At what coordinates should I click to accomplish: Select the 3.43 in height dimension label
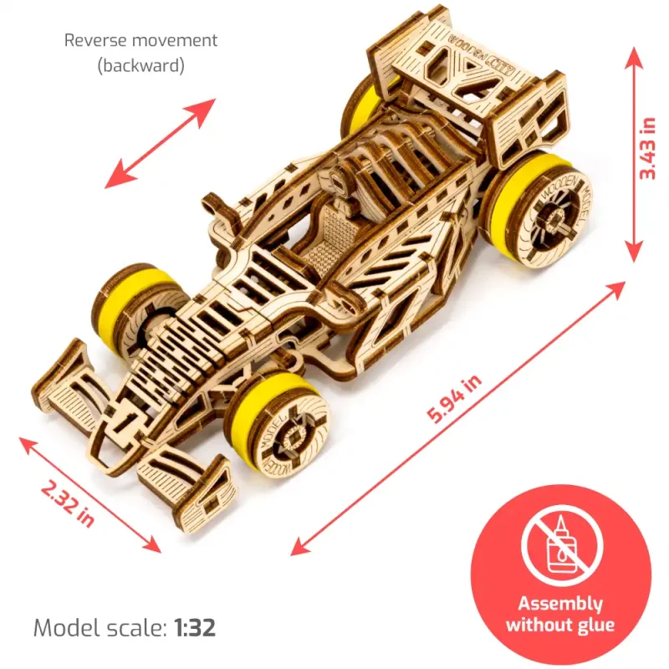pyautogui.click(x=646, y=149)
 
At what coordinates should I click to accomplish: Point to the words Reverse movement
pyautogui.click(x=140, y=40)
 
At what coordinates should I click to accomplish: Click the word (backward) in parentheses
pyautogui.click(x=140, y=65)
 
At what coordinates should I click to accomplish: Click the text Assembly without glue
pyautogui.click(x=559, y=614)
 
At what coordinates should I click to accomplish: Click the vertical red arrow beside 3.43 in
pyautogui.click(x=633, y=151)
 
